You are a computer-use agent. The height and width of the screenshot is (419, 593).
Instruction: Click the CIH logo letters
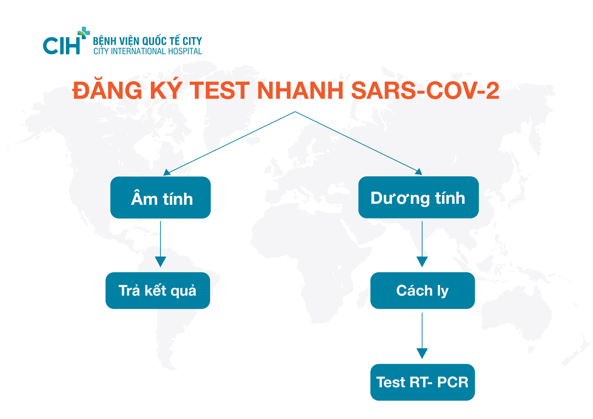point(61,46)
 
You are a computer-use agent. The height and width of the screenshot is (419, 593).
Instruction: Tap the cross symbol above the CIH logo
point(84,33)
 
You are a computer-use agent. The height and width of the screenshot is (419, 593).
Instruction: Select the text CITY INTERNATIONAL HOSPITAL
point(148,51)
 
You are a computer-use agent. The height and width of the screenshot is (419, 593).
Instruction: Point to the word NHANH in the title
point(300,90)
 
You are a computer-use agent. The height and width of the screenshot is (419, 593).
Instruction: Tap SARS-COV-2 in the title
point(425,90)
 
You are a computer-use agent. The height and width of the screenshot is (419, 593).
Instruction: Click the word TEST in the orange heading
point(220,90)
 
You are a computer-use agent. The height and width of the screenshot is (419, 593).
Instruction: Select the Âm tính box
point(160,198)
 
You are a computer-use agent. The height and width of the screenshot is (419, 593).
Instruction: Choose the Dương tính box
point(418,197)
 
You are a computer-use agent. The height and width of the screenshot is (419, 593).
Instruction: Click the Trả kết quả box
point(158,291)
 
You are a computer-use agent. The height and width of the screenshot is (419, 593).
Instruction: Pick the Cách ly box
point(422,291)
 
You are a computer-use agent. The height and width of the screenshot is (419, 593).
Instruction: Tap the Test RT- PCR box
point(422,382)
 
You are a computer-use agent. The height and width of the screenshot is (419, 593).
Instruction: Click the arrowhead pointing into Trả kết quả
point(160,261)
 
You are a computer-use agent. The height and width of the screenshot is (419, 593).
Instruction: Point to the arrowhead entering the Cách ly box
point(422,261)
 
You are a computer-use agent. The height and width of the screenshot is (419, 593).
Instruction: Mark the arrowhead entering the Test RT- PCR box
point(422,353)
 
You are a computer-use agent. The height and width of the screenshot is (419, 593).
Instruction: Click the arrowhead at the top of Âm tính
point(167,172)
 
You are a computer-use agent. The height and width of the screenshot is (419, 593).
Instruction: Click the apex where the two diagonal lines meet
point(295,112)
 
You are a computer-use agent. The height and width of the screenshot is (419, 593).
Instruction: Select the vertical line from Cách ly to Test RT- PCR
point(422,330)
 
